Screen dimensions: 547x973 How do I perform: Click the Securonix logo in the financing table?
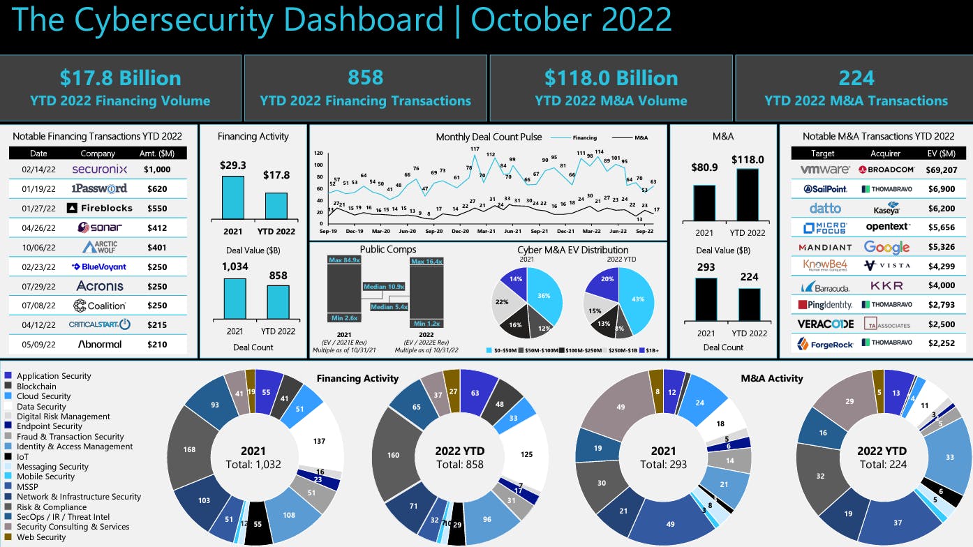click(98, 169)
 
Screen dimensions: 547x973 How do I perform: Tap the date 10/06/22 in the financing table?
click(38, 247)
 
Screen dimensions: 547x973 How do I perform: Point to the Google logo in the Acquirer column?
click(886, 247)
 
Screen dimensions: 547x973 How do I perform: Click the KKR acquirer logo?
click(886, 286)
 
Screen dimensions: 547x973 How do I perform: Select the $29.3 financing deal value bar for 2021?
click(233, 198)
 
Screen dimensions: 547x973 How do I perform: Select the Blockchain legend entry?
click(36, 386)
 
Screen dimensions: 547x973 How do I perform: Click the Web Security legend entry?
click(40, 537)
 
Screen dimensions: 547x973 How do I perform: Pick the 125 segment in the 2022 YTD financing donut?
click(527, 454)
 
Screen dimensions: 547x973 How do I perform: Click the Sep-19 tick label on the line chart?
click(328, 230)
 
